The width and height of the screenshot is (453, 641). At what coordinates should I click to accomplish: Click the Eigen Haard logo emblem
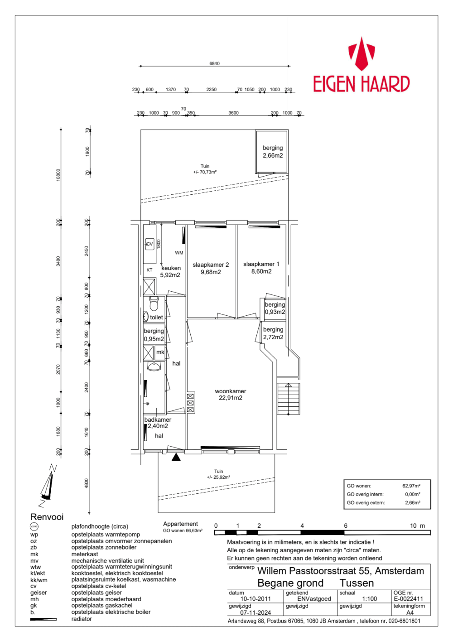pyautogui.click(x=361, y=54)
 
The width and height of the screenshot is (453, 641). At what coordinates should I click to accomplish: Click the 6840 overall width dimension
pyautogui.click(x=214, y=63)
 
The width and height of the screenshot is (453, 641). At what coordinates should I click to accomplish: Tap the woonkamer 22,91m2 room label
pyautogui.click(x=231, y=395)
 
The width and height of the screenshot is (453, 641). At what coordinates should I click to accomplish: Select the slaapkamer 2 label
pyautogui.click(x=211, y=268)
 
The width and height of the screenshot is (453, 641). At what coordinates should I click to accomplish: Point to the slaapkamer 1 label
pyautogui.click(x=261, y=268)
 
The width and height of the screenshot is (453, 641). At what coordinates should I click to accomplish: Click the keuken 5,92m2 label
pyautogui.click(x=170, y=271)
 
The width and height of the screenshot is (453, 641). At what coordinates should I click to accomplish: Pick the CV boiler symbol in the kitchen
pyautogui.click(x=149, y=244)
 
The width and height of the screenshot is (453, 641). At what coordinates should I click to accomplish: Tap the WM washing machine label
pyautogui.click(x=179, y=253)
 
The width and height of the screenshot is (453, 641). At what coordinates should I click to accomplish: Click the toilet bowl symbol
pyautogui.click(x=154, y=304)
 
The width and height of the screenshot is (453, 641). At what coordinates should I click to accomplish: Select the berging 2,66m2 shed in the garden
pyautogui.click(x=272, y=152)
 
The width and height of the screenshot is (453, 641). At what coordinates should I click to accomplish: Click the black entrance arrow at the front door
pyautogui.click(x=176, y=457)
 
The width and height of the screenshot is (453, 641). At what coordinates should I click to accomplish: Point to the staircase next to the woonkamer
pyautogui.click(x=289, y=398)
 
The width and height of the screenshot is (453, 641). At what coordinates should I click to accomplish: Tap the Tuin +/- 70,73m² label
pyautogui.click(x=205, y=169)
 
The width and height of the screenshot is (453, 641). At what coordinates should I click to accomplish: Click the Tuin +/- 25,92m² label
pyautogui.click(x=218, y=474)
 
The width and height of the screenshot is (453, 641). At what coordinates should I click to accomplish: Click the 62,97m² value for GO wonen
pyautogui.click(x=411, y=486)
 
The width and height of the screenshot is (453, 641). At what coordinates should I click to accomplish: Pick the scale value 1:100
pyautogui.click(x=369, y=598)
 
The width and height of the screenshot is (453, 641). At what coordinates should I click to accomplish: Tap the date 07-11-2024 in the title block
pyautogui.click(x=255, y=612)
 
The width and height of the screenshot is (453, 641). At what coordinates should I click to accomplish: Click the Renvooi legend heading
pyautogui.click(x=47, y=517)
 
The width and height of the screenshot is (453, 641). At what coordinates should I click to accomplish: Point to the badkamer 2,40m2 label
pyautogui.click(x=157, y=423)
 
